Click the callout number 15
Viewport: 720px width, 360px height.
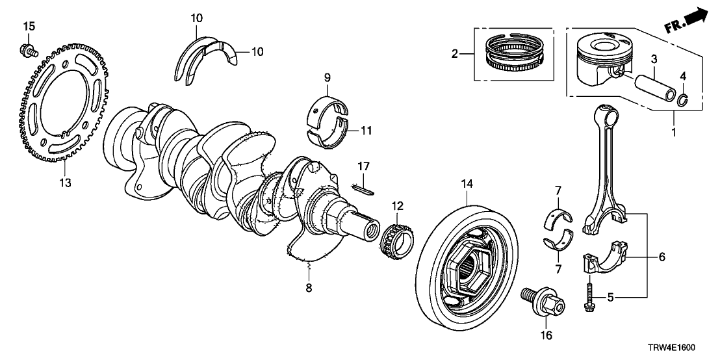pos(29,27)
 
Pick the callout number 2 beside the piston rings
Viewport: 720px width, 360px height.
pos(454,54)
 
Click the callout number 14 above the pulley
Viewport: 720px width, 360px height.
pos(465,185)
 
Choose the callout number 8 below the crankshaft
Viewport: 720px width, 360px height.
pos(309,287)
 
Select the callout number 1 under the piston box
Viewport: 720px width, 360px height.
pos(674,132)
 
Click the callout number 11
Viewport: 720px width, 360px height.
pos(366,131)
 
